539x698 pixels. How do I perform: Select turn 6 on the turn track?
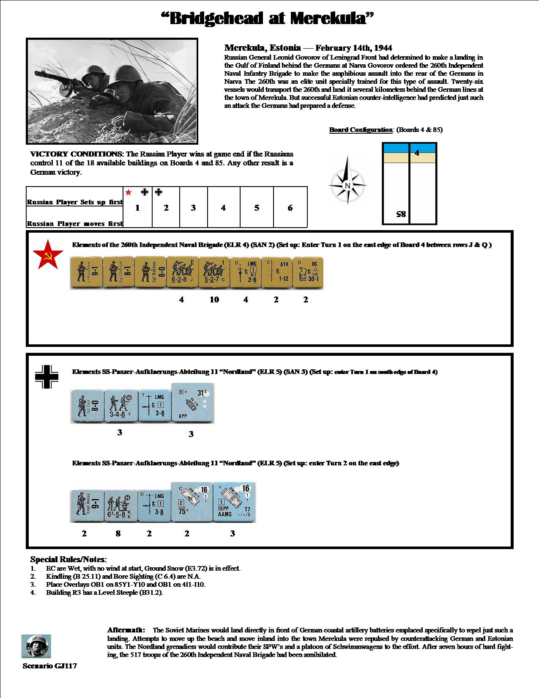[290, 208]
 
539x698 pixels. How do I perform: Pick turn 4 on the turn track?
[223, 208]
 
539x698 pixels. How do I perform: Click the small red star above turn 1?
[129, 192]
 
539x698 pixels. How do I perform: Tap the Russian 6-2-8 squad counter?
[182, 272]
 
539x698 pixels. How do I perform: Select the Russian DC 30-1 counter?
[307, 272]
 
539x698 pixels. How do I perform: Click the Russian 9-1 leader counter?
[86, 272]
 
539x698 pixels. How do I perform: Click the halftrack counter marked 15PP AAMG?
[235, 502]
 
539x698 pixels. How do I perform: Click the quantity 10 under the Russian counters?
[214, 300]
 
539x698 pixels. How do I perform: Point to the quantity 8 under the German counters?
[118, 533]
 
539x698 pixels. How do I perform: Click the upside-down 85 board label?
[401, 214]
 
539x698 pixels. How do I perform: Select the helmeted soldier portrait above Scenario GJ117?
[36, 646]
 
